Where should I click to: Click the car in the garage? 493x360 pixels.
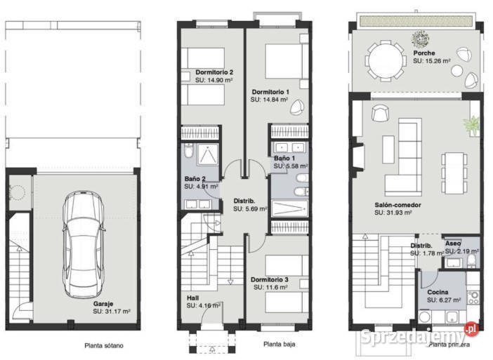84,244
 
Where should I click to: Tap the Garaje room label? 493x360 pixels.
103,304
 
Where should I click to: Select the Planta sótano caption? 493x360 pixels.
104,345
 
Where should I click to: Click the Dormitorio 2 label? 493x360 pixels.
214,72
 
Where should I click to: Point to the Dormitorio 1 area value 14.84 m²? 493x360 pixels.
270,100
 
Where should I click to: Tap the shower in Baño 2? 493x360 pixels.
207,154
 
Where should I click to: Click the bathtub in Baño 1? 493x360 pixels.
289,208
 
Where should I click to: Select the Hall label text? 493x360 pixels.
192,298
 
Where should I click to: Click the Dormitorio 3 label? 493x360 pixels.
270,279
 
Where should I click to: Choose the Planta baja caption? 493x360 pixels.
280,345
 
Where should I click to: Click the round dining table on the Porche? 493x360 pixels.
385,60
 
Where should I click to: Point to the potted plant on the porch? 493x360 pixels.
421,39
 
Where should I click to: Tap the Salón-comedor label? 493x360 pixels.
397,205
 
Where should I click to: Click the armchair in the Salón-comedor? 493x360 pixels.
381,113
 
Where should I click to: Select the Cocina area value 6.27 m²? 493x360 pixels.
444,300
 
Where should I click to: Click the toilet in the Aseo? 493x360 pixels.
472,260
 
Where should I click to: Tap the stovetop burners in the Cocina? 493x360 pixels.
473,297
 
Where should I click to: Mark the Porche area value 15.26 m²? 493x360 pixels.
432,61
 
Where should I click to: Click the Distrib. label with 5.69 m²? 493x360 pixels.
244,201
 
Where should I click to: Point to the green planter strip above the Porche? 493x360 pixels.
416,21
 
